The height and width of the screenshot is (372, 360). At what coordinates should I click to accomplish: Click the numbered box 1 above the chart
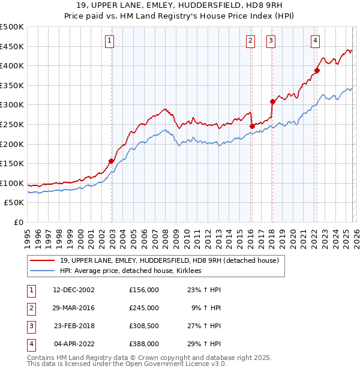point(110,41)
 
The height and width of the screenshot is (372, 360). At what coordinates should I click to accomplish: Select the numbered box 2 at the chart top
point(250,41)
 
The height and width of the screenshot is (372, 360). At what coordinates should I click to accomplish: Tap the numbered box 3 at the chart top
point(271,41)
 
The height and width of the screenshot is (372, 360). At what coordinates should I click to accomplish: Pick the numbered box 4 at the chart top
point(315,41)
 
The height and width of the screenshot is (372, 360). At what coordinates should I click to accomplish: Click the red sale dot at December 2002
point(111,161)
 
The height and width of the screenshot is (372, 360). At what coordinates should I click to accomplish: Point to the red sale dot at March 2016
point(252,126)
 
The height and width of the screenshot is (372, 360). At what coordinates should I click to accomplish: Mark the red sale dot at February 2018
point(272,101)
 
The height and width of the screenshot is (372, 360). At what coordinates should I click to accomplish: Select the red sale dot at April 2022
point(317,70)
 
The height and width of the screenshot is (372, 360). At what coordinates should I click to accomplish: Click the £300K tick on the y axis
point(12,105)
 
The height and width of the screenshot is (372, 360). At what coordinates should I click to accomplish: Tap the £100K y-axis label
point(12,183)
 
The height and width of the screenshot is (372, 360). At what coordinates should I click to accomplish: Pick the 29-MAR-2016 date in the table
point(74,308)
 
